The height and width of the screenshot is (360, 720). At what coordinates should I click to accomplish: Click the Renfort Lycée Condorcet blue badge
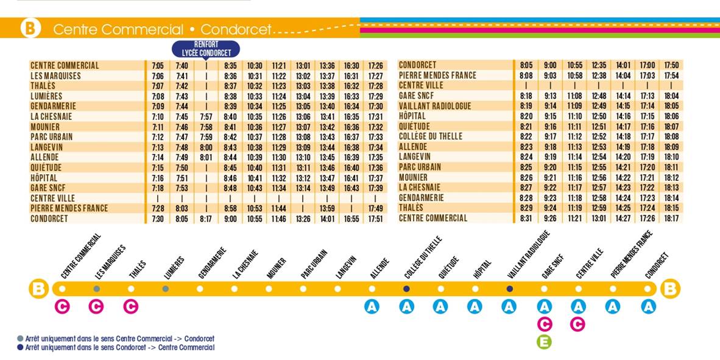click(x=206, y=49)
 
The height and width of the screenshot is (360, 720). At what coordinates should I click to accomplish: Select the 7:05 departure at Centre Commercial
click(x=157, y=66)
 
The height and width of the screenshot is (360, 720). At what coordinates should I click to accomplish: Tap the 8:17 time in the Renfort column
click(x=206, y=219)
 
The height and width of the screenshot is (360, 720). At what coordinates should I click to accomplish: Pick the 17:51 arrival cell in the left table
click(x=376, y=219)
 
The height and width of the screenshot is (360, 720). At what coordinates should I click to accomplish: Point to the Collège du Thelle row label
click(x=430, y=137)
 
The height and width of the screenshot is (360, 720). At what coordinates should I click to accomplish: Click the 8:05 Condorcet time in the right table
click(x=526, y=65)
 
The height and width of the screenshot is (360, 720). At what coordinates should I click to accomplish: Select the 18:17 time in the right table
click(x=671, y=218)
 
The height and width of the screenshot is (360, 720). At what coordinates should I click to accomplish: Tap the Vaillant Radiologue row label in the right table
click(x=434, y=106)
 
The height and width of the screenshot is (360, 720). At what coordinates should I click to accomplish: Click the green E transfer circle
click(x=544, y=342)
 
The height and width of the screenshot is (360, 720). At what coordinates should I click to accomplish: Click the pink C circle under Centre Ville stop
click(x=577, y=324)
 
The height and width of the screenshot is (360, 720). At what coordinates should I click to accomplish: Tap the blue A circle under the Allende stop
click(x=372, y=306)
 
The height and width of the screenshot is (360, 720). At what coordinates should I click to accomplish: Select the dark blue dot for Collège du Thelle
click(x=406, y=289)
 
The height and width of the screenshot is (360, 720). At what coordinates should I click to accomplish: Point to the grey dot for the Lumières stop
click(x=165, y=289)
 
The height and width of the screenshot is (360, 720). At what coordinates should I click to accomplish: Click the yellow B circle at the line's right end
click(x=670, y=288)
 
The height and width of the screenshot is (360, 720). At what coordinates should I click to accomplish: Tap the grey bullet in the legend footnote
click(x=21, y=339)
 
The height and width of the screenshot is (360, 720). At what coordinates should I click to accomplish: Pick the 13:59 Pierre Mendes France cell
click(x=327, y=208)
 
